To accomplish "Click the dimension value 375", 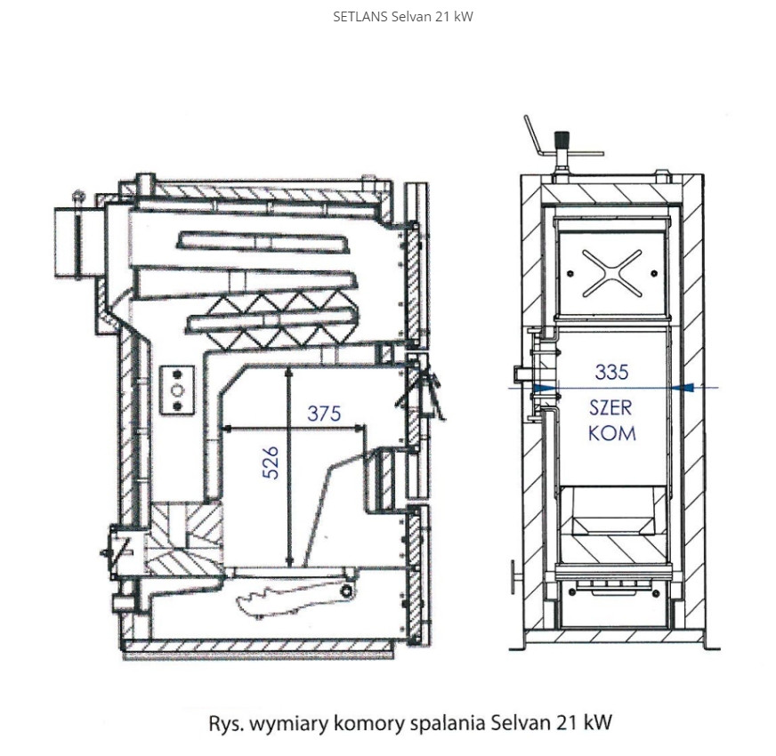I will [324, 414].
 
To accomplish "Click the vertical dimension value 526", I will [271, 462].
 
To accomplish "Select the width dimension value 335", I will [611, 372].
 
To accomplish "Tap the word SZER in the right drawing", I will [611, 409].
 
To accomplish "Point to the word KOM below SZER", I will [611, 433].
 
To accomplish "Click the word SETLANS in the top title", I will [360, 18].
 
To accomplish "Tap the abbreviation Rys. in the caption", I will [228, 722].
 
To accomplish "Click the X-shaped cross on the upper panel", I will [611, 272].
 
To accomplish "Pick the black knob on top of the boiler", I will [562, 141].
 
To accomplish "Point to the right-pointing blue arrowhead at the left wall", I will [538, 388].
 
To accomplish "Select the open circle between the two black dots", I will [178, 390].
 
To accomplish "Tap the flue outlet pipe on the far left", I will [71, 240].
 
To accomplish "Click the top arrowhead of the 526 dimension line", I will [289, 377].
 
